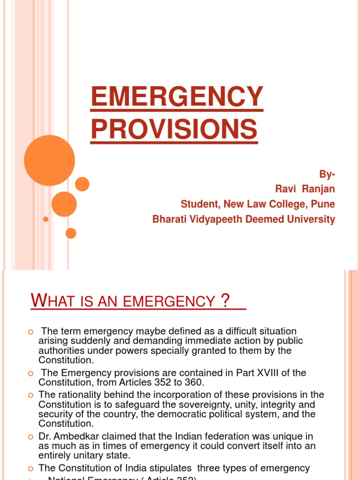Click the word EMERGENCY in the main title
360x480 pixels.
[x=176, y=97]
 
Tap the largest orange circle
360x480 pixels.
[x=49, y=160]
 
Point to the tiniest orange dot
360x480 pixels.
[x=45, y=219]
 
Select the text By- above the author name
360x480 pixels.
[x=327, y=174]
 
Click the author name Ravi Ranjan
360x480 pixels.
[x=305, y=189]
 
